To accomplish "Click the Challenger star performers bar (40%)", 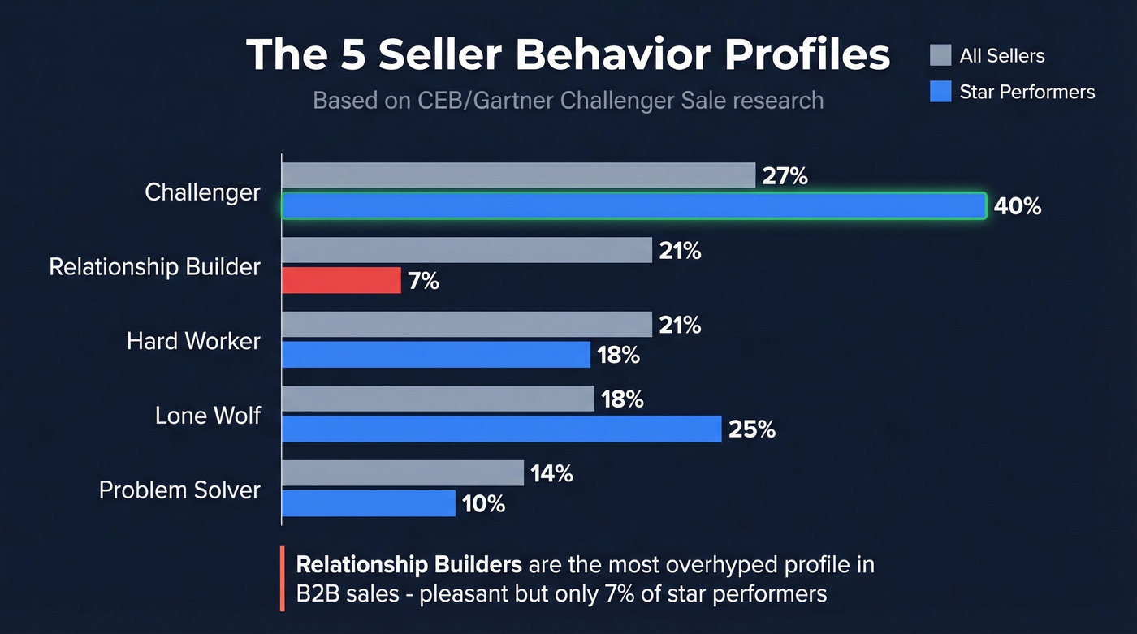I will tap(633, 206).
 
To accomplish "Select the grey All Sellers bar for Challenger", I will tap(519, 176).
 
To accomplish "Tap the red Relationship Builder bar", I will tap(341, 281).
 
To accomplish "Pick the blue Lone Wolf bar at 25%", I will tap(501, 429).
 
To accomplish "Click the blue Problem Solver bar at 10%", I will tap(369, 503).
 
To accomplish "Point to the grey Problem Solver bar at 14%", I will tap(403, 473).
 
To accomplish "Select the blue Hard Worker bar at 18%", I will tap(436, 355).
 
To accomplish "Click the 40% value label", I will tap(1018, 206).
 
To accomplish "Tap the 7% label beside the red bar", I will tap(424, 281).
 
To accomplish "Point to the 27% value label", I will tap(785, 176).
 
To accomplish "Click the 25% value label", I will tap(752, 429).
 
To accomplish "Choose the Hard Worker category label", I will tap(193, 341).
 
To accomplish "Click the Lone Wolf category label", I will tap(208, 416).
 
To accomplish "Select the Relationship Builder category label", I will tap(154, 267).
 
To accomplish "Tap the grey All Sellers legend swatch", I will tap(940, 55).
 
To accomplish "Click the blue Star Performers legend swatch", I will tap(940, 92).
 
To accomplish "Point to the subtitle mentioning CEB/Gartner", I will tap(568, 101).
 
